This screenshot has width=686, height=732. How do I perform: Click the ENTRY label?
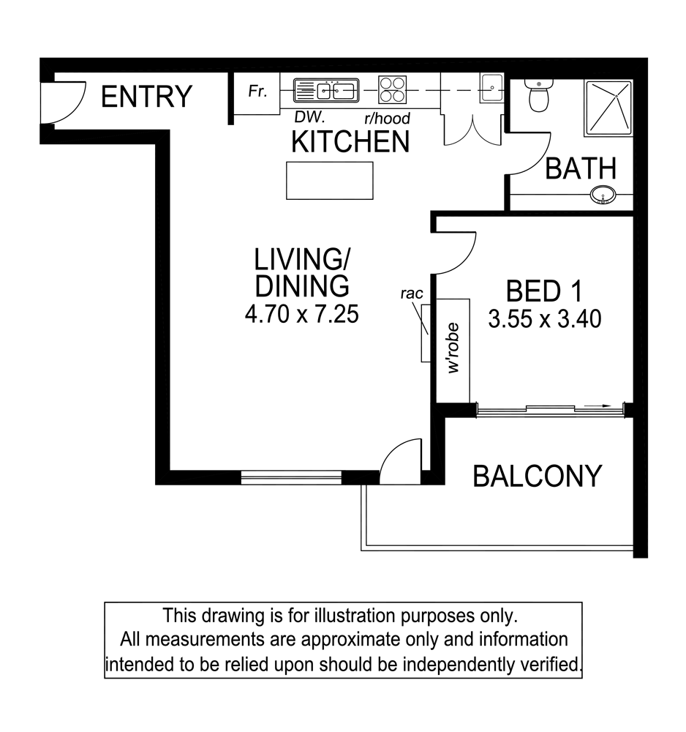coord(146,97)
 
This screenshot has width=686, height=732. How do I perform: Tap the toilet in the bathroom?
coord(538,94)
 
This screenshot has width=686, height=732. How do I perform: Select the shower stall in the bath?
coord(608,108)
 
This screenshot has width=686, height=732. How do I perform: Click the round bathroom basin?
coord(603,195)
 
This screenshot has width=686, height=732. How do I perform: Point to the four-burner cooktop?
coord(392,89)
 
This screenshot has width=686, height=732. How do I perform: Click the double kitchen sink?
coord(326,90)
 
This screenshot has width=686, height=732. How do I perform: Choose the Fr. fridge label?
coord(257,91)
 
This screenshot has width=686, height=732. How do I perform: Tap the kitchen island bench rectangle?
coord(330,181)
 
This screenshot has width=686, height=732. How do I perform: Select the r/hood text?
coord(387,118)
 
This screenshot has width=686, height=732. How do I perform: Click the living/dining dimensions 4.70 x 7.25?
coord(302,314)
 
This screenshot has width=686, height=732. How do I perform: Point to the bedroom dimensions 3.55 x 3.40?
coord(545,319)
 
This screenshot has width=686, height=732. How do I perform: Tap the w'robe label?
coord(453,348)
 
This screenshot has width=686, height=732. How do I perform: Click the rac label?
coord(412,294)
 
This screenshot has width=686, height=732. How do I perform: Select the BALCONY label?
coord(538,477)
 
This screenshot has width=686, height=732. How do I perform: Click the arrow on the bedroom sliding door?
coord(597,406)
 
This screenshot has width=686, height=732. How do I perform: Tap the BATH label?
coord(581,168)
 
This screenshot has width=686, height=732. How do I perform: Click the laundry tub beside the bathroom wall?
coord(491,88)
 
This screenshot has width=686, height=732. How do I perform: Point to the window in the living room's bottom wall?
coord(292,477)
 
